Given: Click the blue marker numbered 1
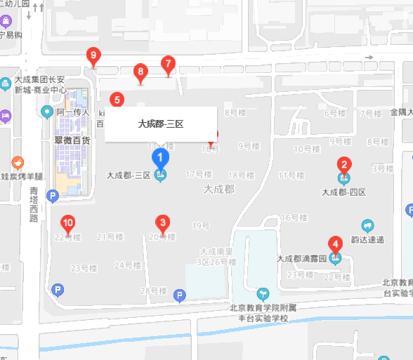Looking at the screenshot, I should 160,158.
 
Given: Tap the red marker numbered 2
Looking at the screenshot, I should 344,166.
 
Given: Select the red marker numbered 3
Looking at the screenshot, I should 163,224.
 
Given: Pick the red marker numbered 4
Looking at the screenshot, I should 336,245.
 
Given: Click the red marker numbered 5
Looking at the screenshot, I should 117,100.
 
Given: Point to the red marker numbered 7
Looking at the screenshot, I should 167,65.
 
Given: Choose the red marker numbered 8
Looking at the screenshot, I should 140,72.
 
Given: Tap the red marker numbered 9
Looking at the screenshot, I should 93,55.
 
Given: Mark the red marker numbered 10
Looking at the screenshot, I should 67,224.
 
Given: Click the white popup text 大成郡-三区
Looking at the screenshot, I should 161,124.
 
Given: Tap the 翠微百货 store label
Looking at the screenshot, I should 72,140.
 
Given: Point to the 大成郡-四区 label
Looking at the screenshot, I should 343,192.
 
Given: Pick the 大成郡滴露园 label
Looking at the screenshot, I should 302,258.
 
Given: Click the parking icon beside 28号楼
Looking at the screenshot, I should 180,296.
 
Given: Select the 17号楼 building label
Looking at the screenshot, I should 199,174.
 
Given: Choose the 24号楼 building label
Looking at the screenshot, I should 128,265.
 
